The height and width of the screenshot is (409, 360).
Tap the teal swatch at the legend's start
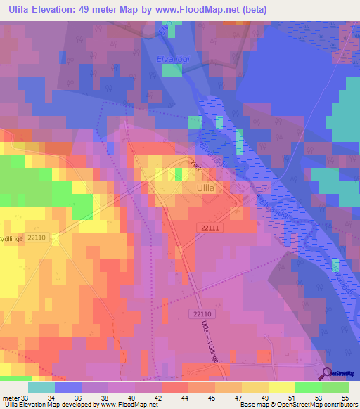click(41, 387)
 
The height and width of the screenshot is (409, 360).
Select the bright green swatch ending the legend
click(335, 387)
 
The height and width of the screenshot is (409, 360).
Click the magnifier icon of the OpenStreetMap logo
click(326, 373)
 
